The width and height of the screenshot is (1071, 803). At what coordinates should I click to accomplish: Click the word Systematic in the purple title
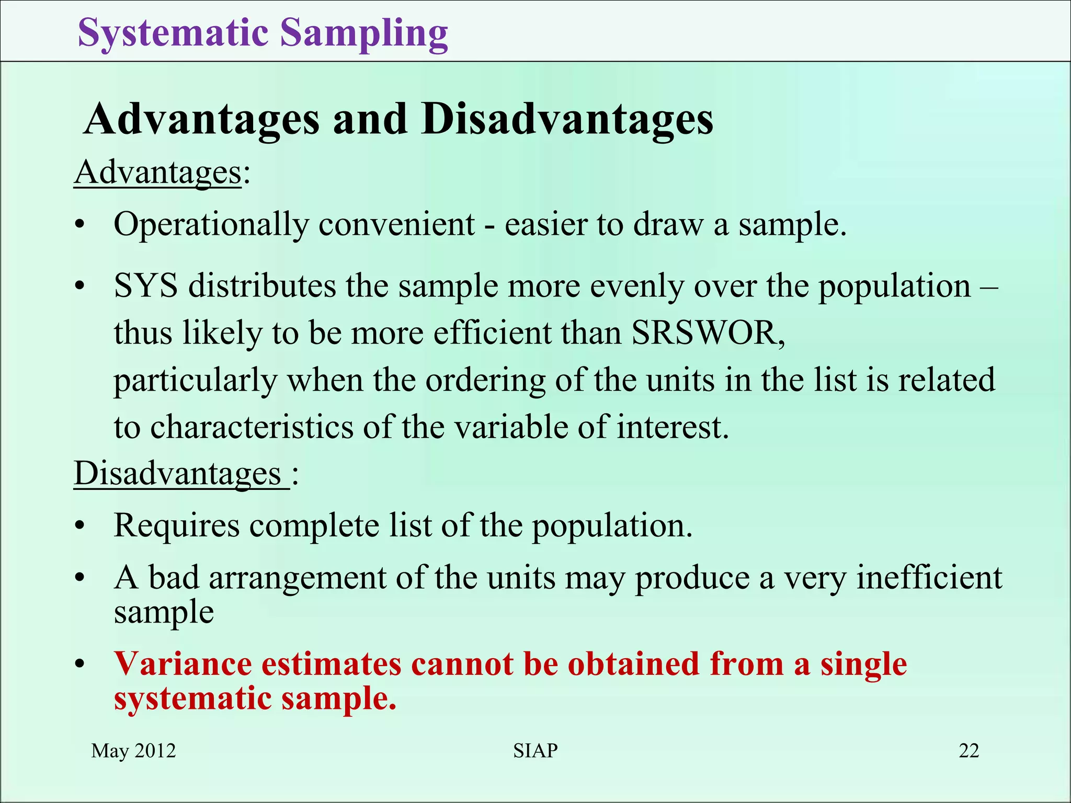(x=173, y=32)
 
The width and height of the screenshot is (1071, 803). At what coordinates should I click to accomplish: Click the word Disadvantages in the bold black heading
(x=567, y=119)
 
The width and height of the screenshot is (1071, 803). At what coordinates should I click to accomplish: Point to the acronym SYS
(x=145, y=286)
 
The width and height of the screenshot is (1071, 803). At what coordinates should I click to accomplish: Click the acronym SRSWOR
(x=708, y=333)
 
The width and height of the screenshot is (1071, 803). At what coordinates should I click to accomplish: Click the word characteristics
(x=252, y=427)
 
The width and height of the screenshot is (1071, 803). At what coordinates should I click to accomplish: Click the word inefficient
(x=929, y=578)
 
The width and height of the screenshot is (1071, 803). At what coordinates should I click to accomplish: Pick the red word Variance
(x=183, y=664)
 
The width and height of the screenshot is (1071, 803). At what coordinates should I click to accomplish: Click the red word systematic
(x=193, y=698)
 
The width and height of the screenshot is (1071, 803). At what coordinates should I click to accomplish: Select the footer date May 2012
(x=133, y=751)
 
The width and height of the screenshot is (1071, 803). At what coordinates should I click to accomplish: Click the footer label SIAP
(x=535, y=751)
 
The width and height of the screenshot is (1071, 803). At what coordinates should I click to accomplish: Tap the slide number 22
(x=969, y=751)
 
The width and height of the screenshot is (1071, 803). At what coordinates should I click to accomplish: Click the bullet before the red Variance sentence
(x=79, y=665)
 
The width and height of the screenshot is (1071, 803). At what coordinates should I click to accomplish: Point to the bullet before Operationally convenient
(x=79, y=226)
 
